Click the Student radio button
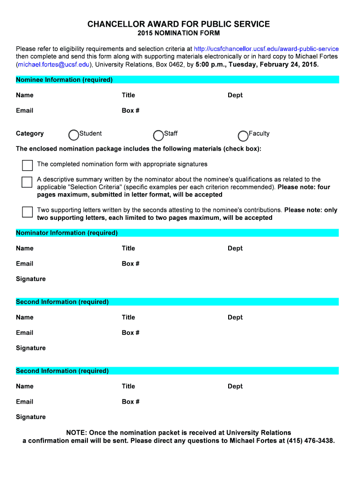pos(74,135)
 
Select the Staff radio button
pos(158,135)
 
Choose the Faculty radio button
pos(243,136)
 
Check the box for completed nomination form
pos(28,165)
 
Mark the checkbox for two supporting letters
pos(28,212)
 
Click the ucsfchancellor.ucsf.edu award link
pos(266,49)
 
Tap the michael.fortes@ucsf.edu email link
pos(54,64)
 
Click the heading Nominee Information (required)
pos(64,80)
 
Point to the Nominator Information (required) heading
pos(67,233)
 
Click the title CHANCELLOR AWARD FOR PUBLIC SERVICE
pos(179,24)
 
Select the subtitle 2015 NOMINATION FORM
pos(179,34)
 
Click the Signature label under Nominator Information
pos(31,279)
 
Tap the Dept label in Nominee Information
pos(235,95)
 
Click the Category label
pos(30,133)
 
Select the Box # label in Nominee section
pos(130,110)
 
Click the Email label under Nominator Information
pos(24,263)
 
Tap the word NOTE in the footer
pos(76,433)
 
